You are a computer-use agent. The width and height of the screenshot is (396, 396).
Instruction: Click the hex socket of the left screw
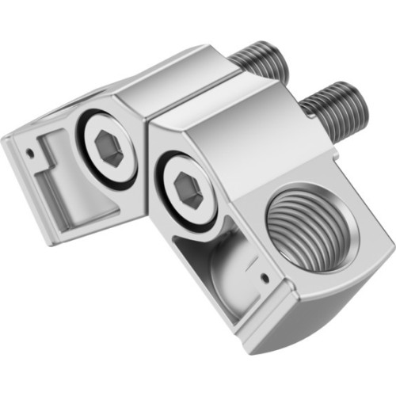pos(109,148)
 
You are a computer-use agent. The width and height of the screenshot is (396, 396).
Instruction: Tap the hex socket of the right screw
pos(188,190)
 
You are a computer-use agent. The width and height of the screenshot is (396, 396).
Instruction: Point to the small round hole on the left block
pos(29,147)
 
